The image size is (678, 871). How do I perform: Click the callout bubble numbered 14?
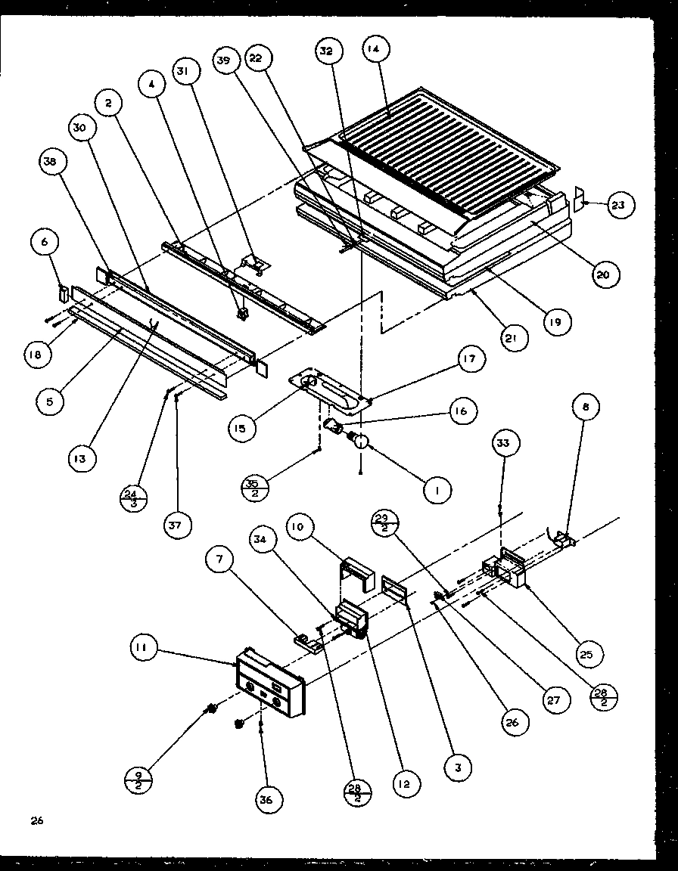pyautogui.click(x=376, y=48)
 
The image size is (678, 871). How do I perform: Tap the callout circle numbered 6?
pyautogui.click(x=45, y=242)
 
